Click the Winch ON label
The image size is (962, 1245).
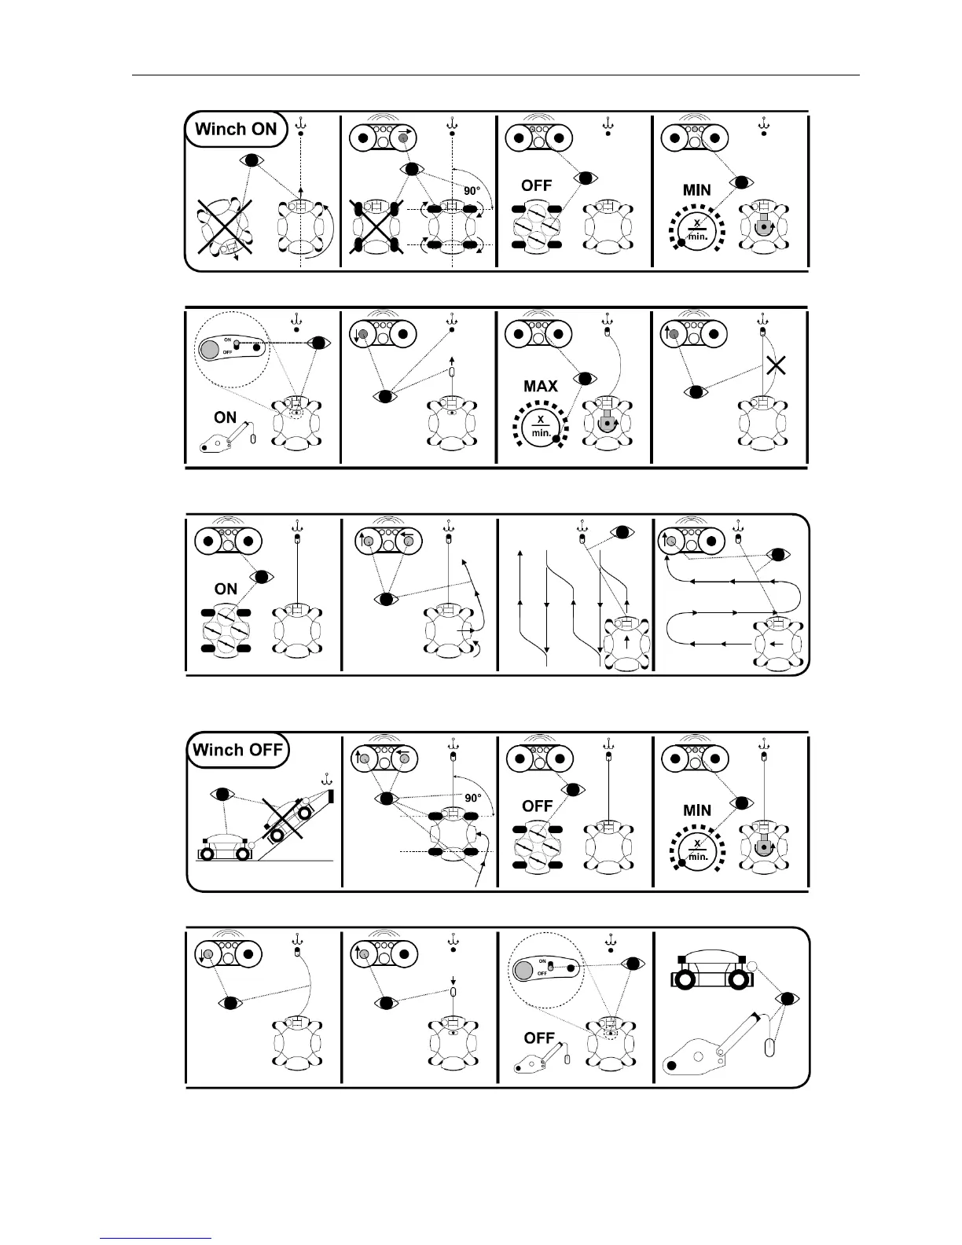point(236,130)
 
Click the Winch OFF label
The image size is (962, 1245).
point(237,750)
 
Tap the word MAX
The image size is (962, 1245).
point(540,386)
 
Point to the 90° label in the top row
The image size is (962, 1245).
point(472,189)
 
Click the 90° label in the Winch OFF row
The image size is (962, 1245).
point(472,798)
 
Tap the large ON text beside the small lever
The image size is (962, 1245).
point(226,417)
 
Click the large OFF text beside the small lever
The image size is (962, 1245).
point(539,1038)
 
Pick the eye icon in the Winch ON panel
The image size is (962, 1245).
point(251,160)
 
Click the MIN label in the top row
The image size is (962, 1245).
point(697,190)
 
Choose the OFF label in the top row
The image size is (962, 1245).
point(537,186)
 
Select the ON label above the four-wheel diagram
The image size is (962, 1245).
point(226,589)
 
